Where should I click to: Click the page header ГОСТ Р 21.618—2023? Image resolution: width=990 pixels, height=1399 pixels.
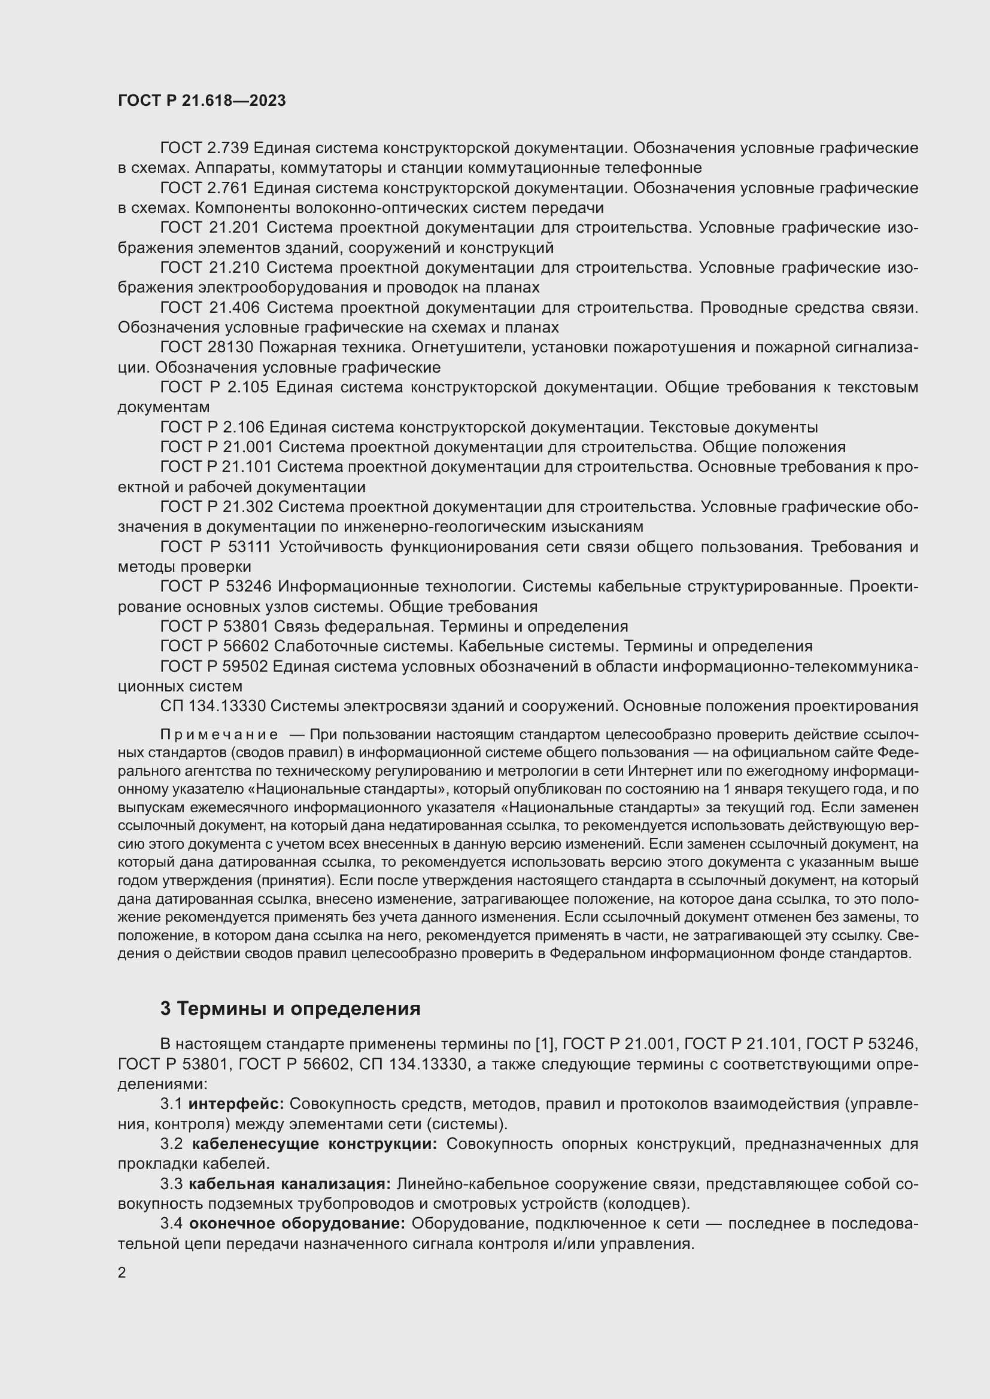(202, 101)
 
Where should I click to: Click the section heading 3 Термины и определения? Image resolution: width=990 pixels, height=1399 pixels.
(290, 1008)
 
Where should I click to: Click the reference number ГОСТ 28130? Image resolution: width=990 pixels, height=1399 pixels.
(207, 348)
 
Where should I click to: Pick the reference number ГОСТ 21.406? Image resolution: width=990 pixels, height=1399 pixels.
(210, 307)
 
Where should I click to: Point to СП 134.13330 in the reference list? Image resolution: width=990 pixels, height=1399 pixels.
(212, 706)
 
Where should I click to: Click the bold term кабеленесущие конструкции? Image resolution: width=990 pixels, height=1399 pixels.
(315, 1144)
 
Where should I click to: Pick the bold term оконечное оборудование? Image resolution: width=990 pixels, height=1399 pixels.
(297, 1224)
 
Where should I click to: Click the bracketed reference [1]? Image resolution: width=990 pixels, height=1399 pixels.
(543, 1044)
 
